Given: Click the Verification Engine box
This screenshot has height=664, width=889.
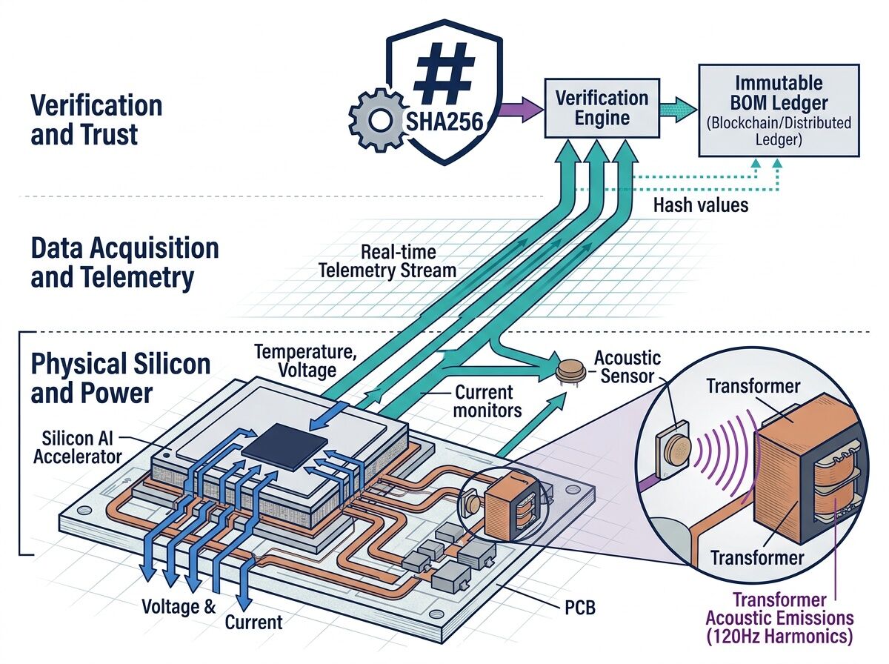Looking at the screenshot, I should [x=602, y=108].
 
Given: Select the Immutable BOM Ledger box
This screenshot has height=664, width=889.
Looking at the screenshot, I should [x=779, y=110].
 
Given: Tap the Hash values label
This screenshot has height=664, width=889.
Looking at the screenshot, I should [x=700, y=205].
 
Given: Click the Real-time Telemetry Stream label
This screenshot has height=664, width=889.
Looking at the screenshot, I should [x=387, y=261].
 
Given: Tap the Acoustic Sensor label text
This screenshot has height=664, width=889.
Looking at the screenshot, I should [x=627, y=367].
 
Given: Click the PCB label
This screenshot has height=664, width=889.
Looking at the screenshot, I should [x=574, y=609].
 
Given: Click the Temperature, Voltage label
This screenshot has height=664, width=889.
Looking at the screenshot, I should [x=304, y=360].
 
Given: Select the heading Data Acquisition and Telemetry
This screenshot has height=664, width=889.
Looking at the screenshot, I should [x=124, y=262].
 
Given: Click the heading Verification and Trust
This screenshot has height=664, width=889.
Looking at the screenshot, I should [x=96, y=119].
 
